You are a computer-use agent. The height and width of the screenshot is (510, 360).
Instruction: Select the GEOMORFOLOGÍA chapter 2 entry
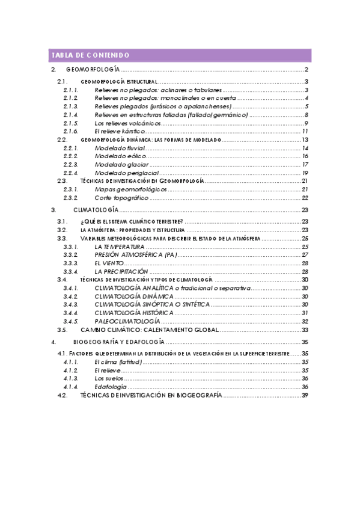[x=93, y=70]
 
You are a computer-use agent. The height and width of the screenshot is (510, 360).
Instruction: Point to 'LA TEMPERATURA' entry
[x=119, y=247]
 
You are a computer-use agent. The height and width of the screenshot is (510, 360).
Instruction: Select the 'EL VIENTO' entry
[x=109, y=263]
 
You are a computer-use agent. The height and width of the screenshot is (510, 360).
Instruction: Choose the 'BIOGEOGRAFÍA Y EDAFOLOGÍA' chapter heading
[x=115, y=342]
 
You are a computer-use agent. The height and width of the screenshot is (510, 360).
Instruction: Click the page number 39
[x=305, y=395]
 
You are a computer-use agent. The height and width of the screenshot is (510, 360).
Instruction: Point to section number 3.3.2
[x=70, y=255]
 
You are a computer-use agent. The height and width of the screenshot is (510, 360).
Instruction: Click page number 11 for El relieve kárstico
[x=305, y=131]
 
